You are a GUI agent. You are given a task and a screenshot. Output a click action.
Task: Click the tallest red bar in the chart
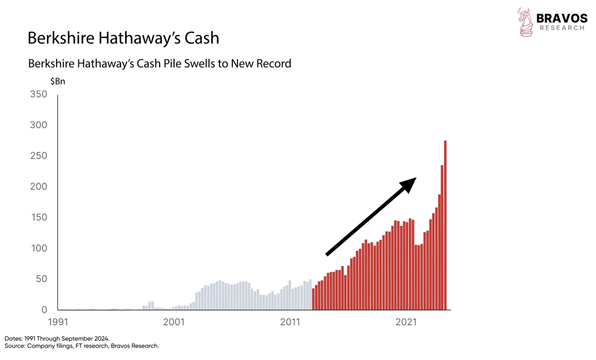[445, 225]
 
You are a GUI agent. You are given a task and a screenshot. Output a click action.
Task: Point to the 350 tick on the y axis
[39, 94]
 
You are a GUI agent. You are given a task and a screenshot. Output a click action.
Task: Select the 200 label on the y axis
[39, 186]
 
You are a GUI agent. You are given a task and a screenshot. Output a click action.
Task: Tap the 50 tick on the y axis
[41, 279]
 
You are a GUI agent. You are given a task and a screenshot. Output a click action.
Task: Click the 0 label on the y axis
[44, 310]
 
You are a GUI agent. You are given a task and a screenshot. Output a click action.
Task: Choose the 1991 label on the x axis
[58, 322]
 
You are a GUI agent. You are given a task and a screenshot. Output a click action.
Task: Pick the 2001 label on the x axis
[174, 322]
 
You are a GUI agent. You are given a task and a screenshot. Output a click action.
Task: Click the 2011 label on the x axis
[290, 322]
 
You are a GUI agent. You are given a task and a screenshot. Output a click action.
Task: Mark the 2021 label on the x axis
[406, 322]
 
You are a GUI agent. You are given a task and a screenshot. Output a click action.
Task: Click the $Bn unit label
[58, 81]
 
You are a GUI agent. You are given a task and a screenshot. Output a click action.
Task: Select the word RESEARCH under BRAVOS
[562, 28]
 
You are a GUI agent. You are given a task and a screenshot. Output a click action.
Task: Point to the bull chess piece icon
[525, 22]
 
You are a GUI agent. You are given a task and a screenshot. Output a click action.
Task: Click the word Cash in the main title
[202, 38]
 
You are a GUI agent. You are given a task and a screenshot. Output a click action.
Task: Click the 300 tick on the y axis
[39, 125]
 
